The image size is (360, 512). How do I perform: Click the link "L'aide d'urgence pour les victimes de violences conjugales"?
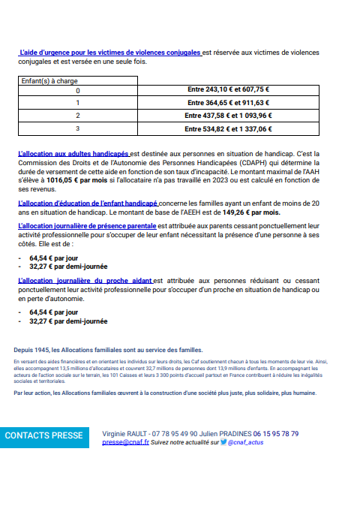coord(110,53)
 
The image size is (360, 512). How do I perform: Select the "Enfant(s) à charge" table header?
coord(49,80)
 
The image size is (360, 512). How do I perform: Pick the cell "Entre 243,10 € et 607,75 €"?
coord(229,90)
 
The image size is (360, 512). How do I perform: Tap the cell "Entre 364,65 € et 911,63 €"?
coord(229,103)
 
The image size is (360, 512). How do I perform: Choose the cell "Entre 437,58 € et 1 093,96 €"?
coord(229,116)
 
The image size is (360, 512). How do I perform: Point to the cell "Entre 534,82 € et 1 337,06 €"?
coord(229,128)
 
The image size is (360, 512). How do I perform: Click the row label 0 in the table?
coord(76,90)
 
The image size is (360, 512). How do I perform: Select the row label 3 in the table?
coord(76,128)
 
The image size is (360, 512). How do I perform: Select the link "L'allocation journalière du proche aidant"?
coord(84,279)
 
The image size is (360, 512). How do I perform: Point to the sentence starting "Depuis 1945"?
coord(108,350)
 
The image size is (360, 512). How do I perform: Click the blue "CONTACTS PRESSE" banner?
coord(44,435)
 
